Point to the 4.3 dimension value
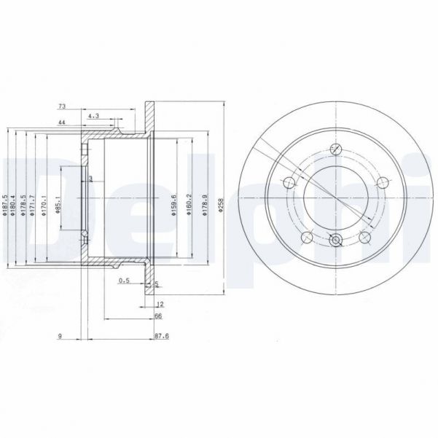tap(93, 116)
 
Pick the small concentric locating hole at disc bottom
tap(335, 240)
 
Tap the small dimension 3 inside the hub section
tap(90, 178)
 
